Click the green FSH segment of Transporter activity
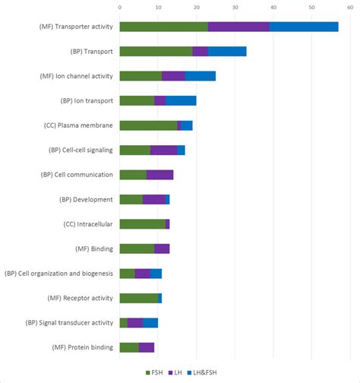[x=163, y=27]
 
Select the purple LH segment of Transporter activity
[x=238, y=27]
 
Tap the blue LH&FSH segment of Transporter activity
[x=304, y=27]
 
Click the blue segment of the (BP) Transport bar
[x=227, y=52]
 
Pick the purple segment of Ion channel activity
[x=174, y=76]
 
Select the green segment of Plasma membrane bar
[x=148, y=125]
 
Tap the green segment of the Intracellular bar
[x=142, y=223]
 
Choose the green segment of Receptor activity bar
[x=138, y=298]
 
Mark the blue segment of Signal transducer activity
[x=150, y=322]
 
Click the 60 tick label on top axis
[x=350, y=8]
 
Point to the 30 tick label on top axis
[x=235, y=8]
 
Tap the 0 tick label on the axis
[x=119, y=8]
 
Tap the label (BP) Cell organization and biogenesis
[x=58, y=273]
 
